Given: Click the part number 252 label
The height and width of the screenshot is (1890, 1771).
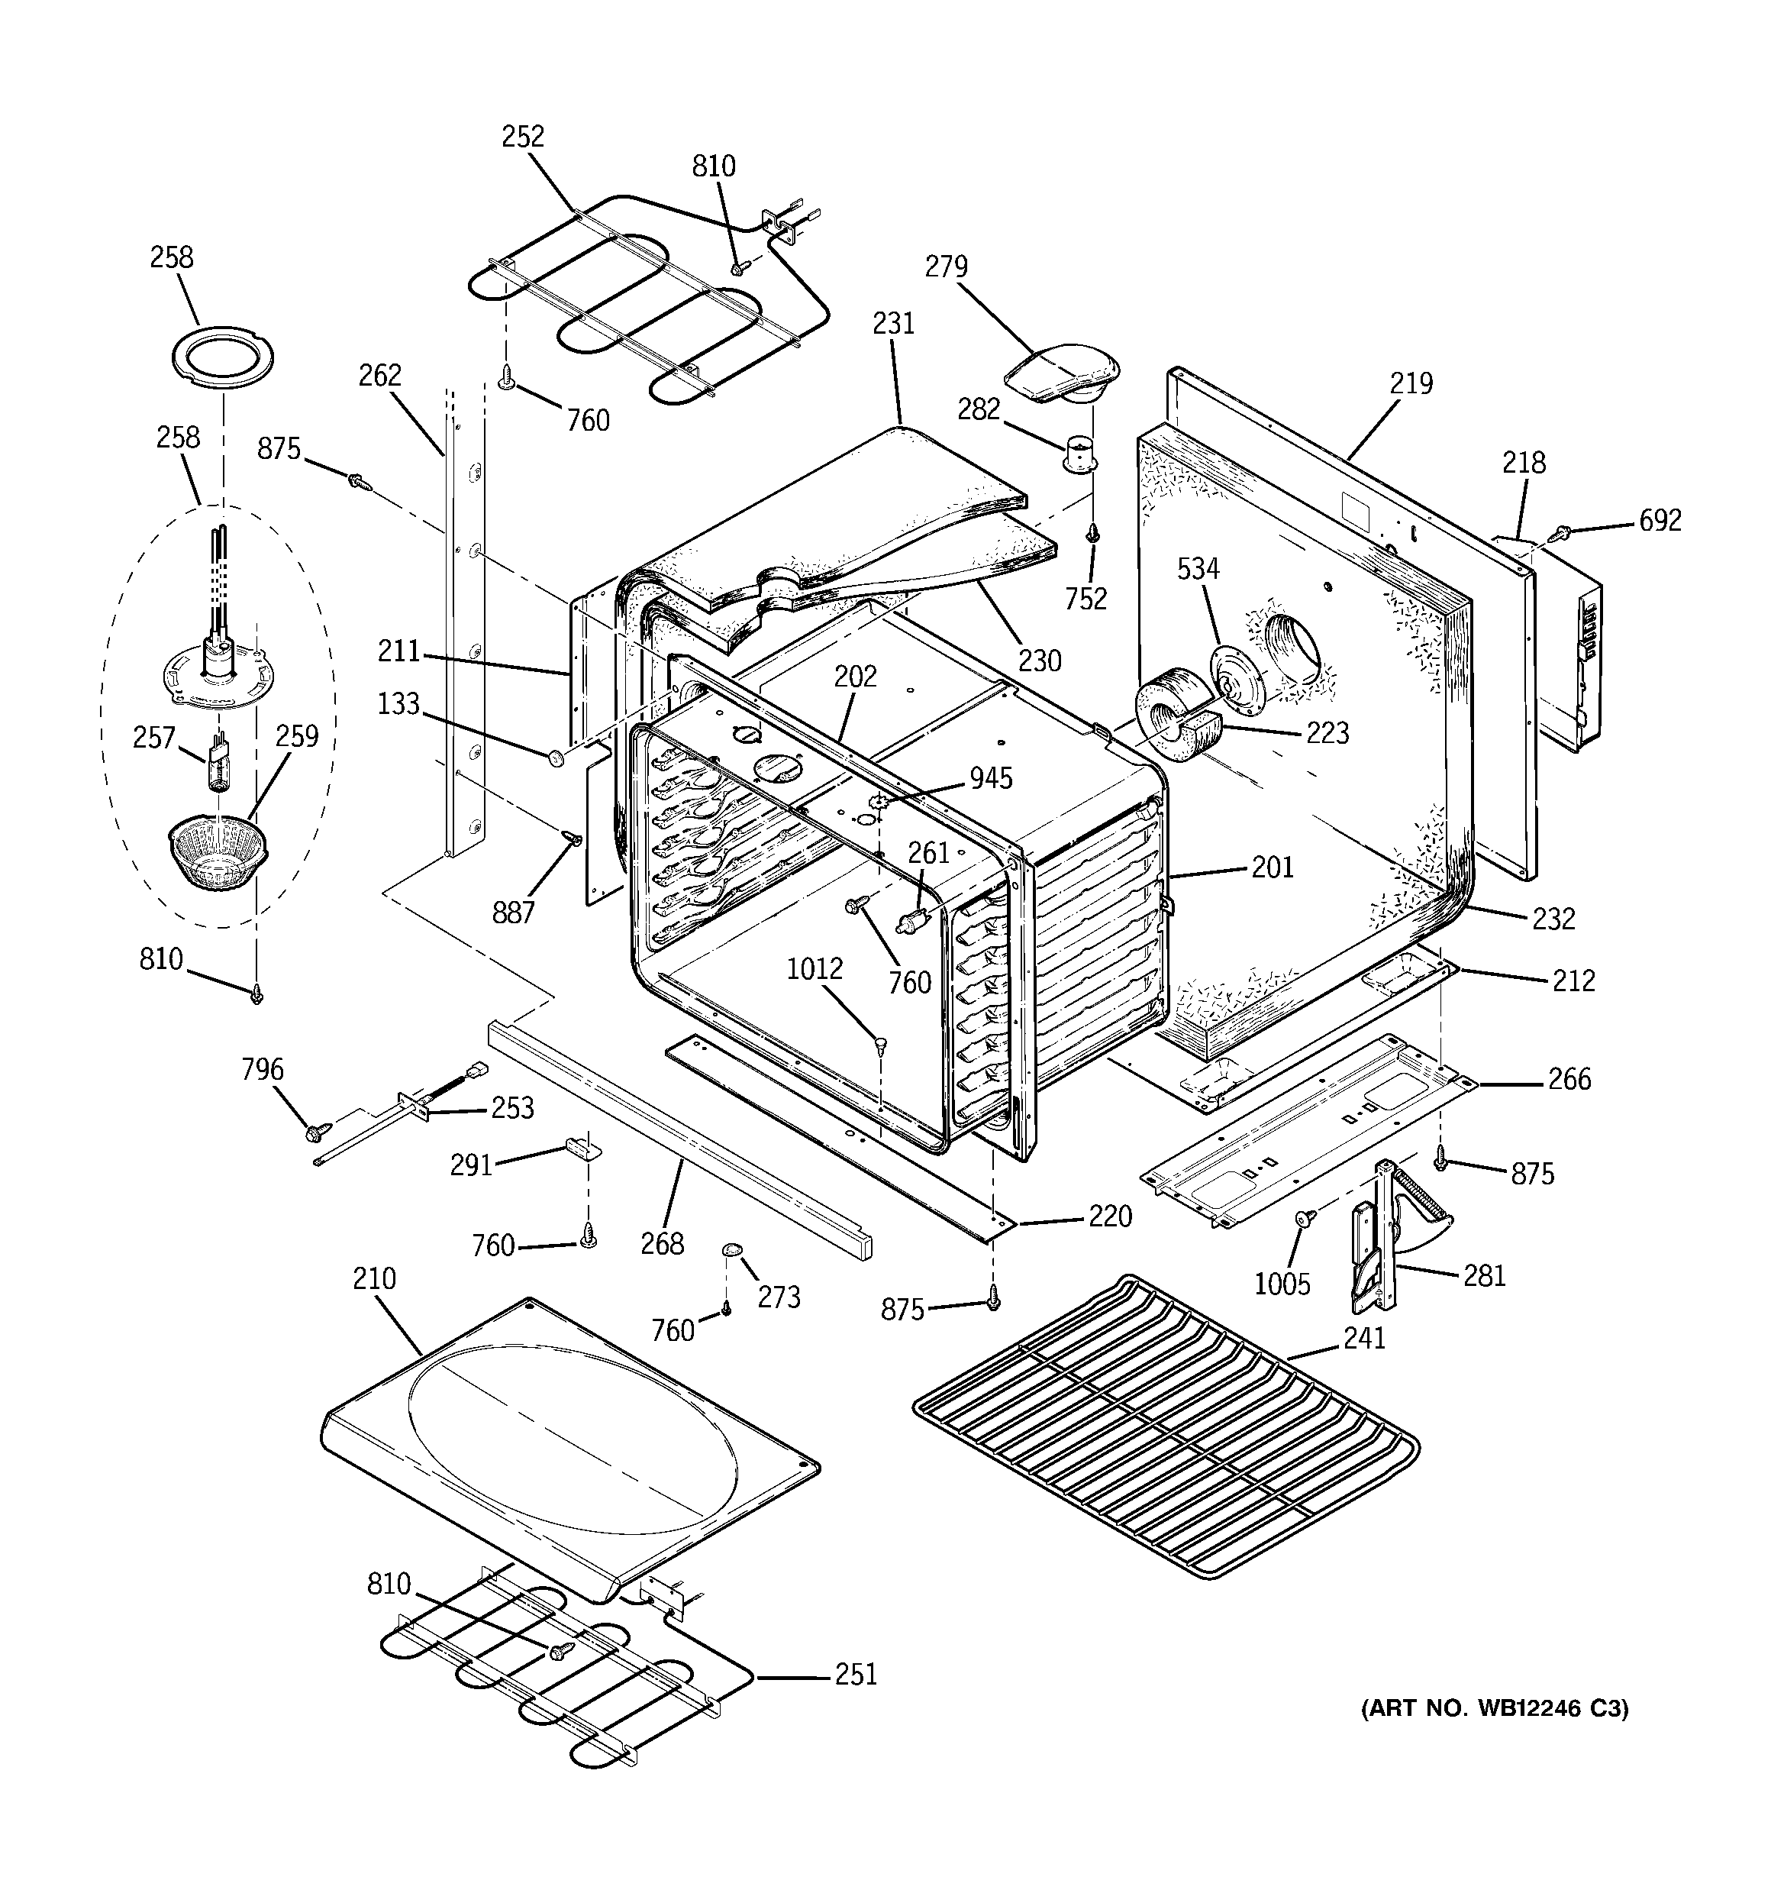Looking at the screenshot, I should tap(523, 137).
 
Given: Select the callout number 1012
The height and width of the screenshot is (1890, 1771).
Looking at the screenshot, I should tap(815, 969).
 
